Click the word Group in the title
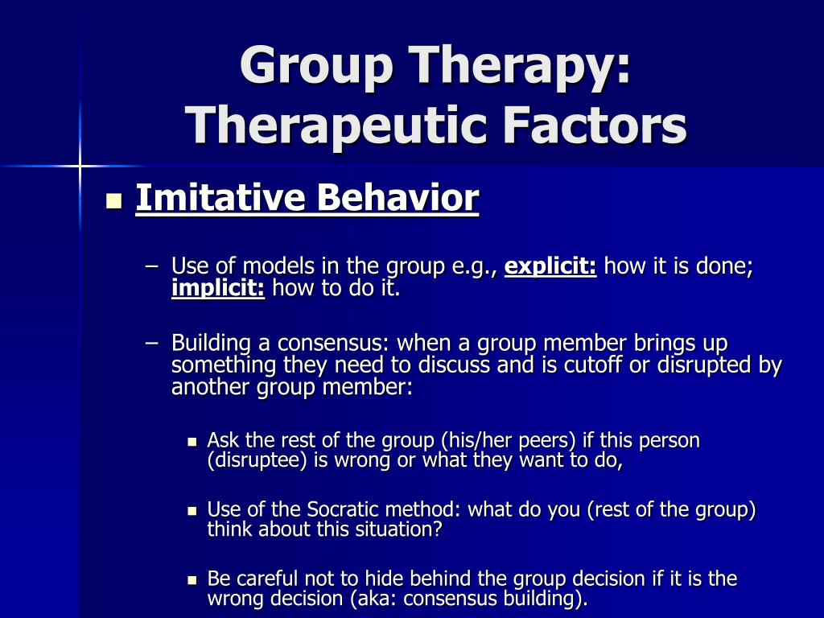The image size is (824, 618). pyautogui.click(x=315, y=67)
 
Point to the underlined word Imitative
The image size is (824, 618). pyautogui.click(x=220, y=198)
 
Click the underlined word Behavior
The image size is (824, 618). pyautogui.click(x=398, y=198)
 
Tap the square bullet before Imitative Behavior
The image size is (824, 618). pyautogui.click(x=114, y=201)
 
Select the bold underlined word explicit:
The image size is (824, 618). pyautogui.click(x=550, y=266)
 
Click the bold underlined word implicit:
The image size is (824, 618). pyautogui.click(x=218, y=289)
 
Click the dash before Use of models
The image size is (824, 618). pyautogui.click(x=151, y=266)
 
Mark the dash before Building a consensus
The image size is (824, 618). pyautogui.click(x=151, y=343)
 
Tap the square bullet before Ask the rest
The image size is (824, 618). pyautogui.click(x=192, y=443)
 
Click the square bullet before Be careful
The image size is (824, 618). pyautogui.click(x=192, y=581)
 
